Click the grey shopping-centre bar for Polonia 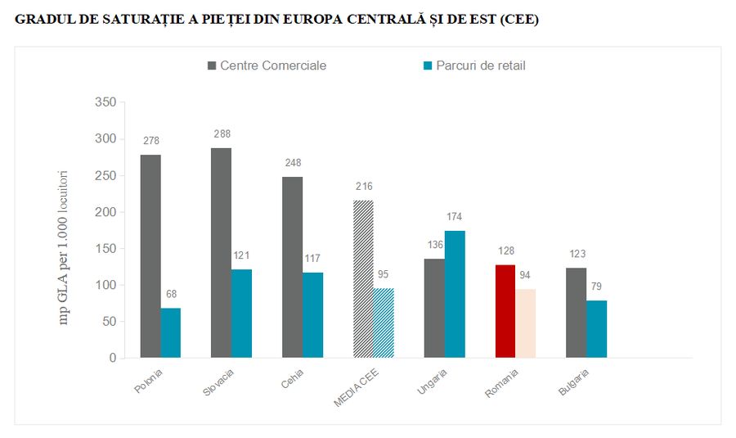click(150, 256)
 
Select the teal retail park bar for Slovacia click(241, 314)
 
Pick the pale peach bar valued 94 click(526, 323)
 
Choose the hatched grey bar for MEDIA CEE click(363, 278)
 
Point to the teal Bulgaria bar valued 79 click(597, 329)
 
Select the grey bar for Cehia click(293, 267)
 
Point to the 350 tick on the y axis click(106, 102)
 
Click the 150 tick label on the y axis click(106, 249)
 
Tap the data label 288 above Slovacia click(222, 133)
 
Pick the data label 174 click(455, 217)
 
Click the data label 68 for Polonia click(171, 294)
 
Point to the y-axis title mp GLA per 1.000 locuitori click(65, 247)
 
